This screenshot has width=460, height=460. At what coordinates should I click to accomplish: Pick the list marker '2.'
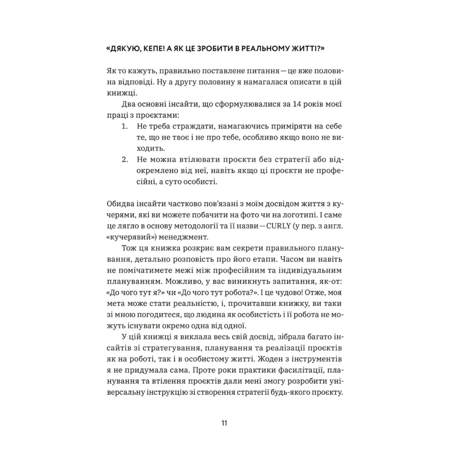pyautogui.click(x=125, y=159)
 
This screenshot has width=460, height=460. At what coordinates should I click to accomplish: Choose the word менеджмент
pyautogui.click(x=177, y=236)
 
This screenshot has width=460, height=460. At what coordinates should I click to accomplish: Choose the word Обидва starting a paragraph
pyautogui.click(x=120, y=203)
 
